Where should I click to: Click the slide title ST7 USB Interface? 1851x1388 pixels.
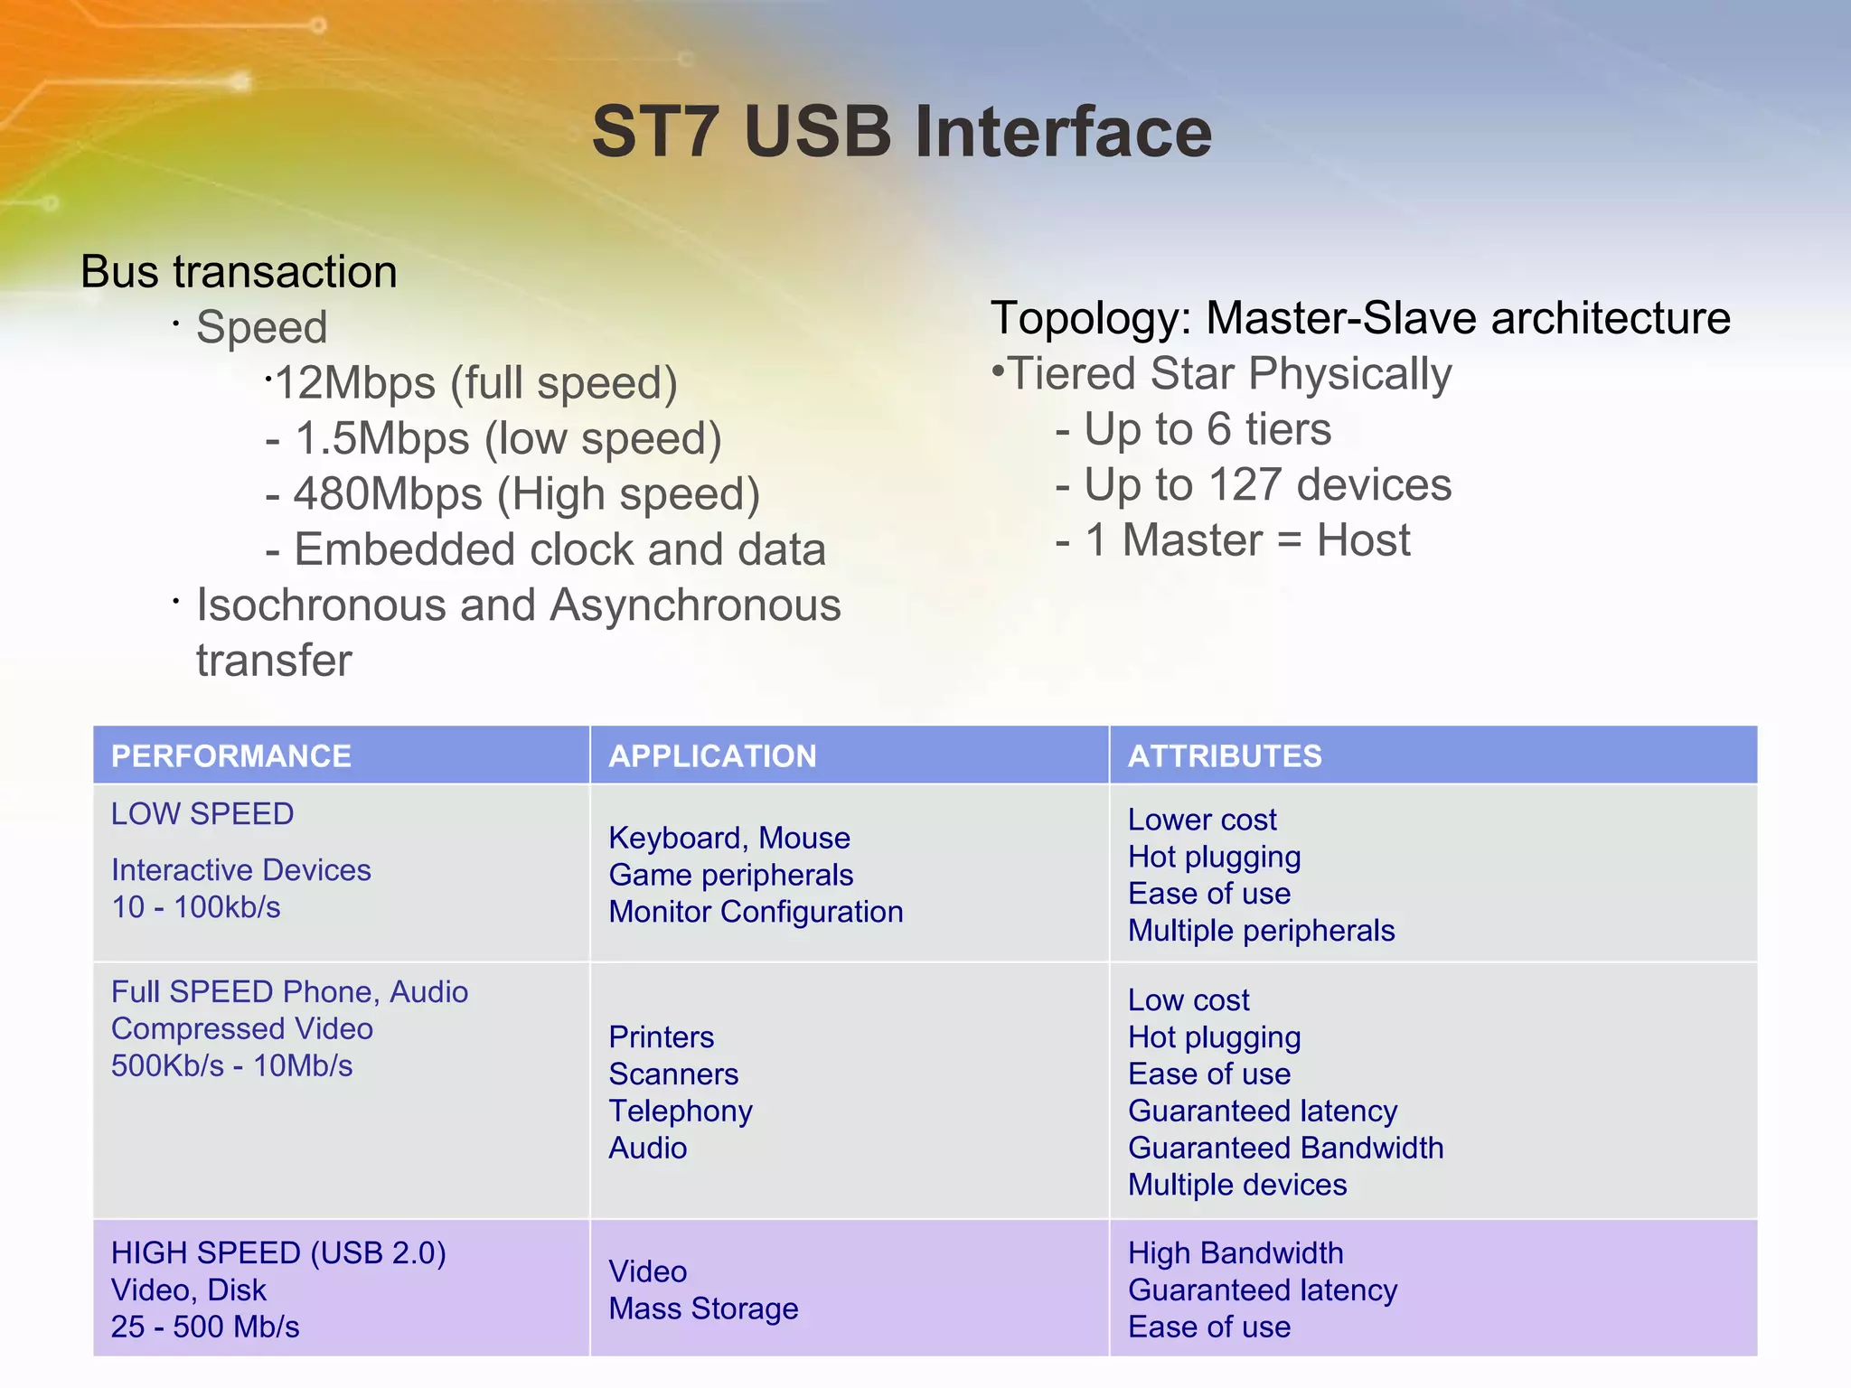[x=902, y=132]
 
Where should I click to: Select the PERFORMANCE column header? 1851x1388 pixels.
[x=230, y=756]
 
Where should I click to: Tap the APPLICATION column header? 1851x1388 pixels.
[x=712, y=756]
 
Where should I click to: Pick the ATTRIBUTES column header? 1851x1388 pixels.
[x=1225, y=756]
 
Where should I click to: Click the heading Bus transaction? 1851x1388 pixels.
[x=239, y=272]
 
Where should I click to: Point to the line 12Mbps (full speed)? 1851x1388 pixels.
[x=475, y=383]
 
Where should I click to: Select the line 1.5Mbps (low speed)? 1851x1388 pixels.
[x=507, y=439]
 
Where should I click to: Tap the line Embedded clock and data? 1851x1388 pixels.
[x=559, y=550]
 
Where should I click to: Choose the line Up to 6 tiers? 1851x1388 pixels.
[x=1207, y=429]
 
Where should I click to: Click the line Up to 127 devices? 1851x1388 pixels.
[x=1267, y=485]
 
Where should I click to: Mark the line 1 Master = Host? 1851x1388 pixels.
[x=1247, y=541]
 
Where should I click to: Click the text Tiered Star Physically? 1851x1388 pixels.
[x=1228, y=374]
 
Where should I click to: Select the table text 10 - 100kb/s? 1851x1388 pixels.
[x=196, y=907]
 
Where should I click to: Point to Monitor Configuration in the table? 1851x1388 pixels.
[x=756, y=912]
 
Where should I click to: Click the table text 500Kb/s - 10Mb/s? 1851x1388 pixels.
[x=231, y=1066]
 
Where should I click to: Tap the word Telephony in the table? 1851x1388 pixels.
[x=681, y=1111]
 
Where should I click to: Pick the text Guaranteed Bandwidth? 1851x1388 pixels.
[x=1285, y=1148]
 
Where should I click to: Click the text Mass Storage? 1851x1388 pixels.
[x=703, y=1308]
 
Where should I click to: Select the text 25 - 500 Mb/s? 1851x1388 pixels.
[x=205, y=1327]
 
